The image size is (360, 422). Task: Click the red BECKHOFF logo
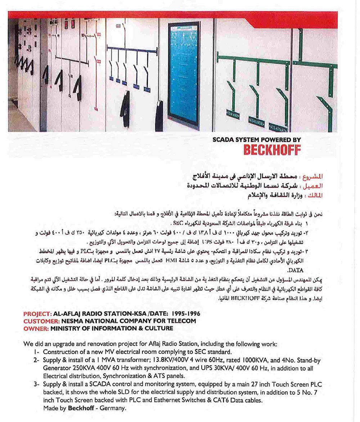[x=272, y=150]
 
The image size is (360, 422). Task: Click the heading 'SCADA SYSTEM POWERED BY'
[x=257, y=140]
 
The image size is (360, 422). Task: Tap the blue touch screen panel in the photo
[x=184, y=74]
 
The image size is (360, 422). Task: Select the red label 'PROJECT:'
[x=38, y=313]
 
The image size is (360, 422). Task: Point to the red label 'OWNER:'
[x=36, y=328]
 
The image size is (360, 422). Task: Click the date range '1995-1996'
[x=186, y=313]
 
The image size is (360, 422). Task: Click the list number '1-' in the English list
[x=37, y=352]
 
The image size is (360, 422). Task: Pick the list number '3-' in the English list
[x=37, y=384]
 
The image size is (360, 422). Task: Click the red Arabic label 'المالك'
[x=315, y=196]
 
